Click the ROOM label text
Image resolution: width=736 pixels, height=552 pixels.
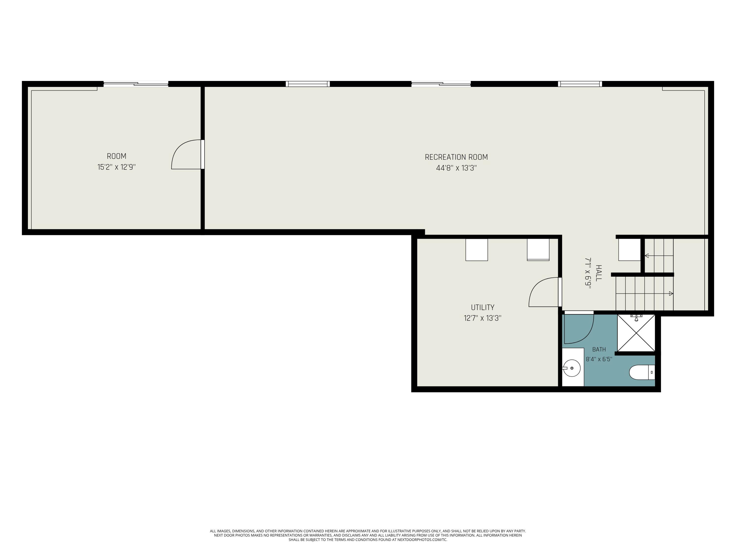point(117,156)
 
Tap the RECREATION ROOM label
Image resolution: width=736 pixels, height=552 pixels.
point(456,157)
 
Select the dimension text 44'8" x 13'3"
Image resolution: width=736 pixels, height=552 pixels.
point(456,168)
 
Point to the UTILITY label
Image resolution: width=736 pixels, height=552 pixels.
point(483,307)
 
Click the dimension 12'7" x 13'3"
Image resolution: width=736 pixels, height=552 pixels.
point(483,318)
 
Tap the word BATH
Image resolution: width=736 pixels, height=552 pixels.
point(599,349)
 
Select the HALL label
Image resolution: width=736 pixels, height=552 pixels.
point(599,273)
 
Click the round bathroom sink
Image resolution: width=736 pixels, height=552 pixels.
point(572,368)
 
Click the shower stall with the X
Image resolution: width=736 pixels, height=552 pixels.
point(636,333)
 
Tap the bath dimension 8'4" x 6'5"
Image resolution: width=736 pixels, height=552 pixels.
point(599,359)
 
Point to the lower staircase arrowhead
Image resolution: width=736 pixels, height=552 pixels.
point(671,293)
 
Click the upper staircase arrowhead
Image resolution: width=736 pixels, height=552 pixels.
point(647,256)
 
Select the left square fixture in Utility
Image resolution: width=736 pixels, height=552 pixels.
point(476,250)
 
